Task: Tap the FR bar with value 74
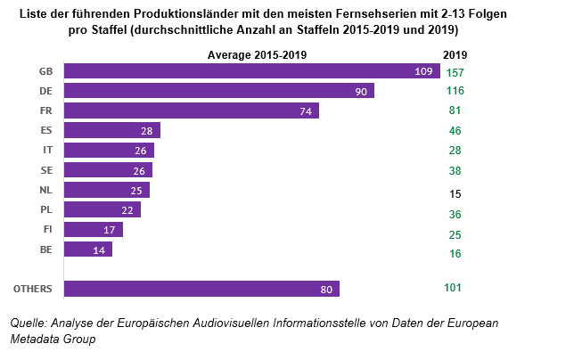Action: pos(193,110)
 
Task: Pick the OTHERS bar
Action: pos(202,289)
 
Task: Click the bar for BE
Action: pos(89,250)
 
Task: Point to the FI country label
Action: pos(46,230)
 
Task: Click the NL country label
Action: pos(46,190)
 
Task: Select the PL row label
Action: pos(46,210)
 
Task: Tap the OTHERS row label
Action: pos(34,289)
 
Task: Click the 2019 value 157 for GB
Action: pos(455,72)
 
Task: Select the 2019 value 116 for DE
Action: pos(455,92)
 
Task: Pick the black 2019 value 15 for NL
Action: pos(455,192)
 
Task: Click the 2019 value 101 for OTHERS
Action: pos(455,287)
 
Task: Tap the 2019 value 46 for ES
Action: pos(455,130)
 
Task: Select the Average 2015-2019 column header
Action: pos(258,55)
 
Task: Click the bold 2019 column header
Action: pos(455,55)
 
